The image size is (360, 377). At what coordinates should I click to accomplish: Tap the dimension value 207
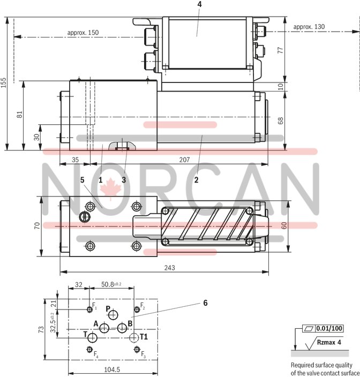[x=184, y=160]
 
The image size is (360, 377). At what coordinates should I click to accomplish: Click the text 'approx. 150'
[x=83, y=33]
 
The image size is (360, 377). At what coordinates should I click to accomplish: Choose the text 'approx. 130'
[x=309, y=27]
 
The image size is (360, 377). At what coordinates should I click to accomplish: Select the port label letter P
[x=108, y=309]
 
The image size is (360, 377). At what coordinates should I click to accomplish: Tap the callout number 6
[x=205, y=303]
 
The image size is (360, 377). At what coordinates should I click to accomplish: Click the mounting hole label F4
[x=96, y=354]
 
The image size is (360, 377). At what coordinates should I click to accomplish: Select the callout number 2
[x=197, y=180]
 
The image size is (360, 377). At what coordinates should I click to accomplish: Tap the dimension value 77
[x=295, y=50]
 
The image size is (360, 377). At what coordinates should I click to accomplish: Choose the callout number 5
[x=82, y=180]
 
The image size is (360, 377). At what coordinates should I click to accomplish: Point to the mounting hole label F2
[x=142, y=307]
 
